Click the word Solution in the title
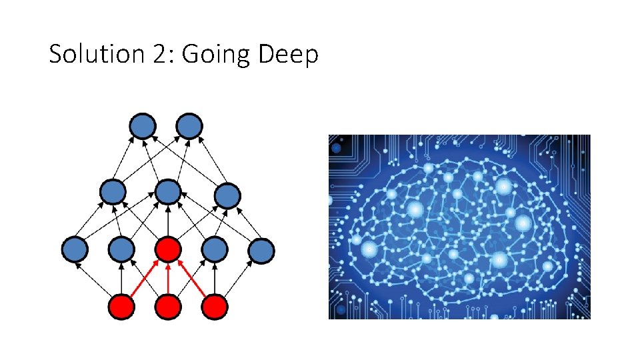tap(91, 55)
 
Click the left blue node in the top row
tap(143, 125)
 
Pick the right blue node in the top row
tap(189, 125)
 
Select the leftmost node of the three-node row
tap(112, 192)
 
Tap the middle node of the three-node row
tap(168, 192)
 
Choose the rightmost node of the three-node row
tap(227, 195)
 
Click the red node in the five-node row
tap(168, 250)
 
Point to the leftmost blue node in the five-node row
tap(75, 250)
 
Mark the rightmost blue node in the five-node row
tap(261, 250)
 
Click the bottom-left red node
tap(121, 307)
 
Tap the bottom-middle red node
tap(168, 307)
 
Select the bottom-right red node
tap(215, 307)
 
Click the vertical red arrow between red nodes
tap(168, 279)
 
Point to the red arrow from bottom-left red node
tap(144, 279)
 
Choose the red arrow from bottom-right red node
tap(192, 279)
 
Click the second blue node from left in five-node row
tap(121, 250)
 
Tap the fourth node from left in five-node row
tap(215, 250)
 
